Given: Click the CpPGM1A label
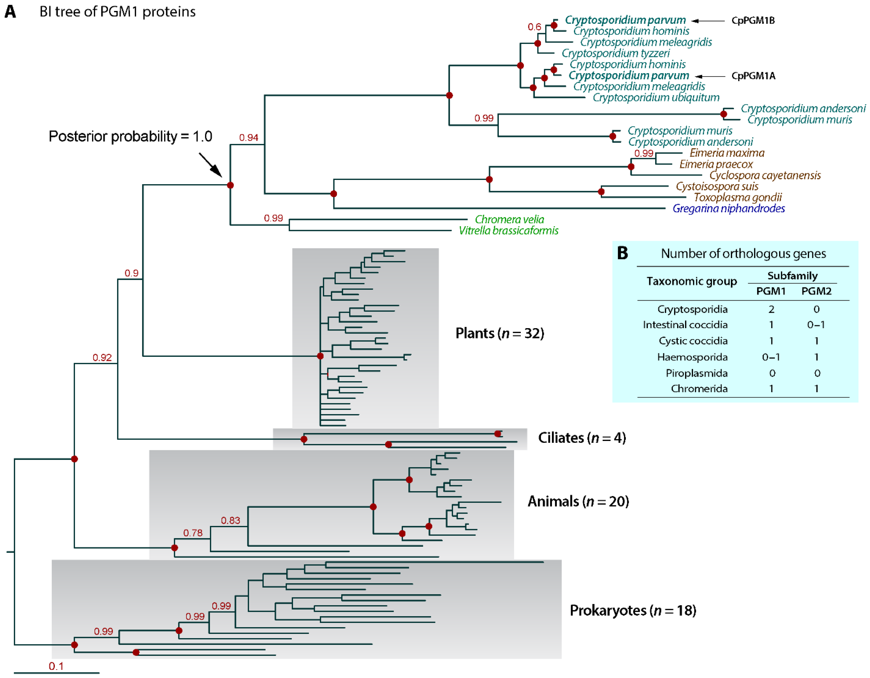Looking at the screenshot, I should click(x=753, y=76).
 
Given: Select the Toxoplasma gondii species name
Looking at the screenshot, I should click(x=737, y=197).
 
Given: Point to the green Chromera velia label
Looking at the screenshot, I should click(x=509, y=219).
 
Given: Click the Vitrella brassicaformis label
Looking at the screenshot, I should click(x=508, y=231).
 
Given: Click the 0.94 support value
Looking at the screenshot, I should click(x=249, y=138).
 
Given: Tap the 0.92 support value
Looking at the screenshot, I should click(x=102, y=357).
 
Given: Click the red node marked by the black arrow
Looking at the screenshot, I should click(x=230, y=185).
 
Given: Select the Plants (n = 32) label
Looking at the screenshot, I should click(x=500, y=333).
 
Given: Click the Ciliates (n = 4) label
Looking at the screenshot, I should click(x=581, y=438).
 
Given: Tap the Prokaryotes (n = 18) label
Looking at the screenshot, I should click(x=633, y=610).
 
